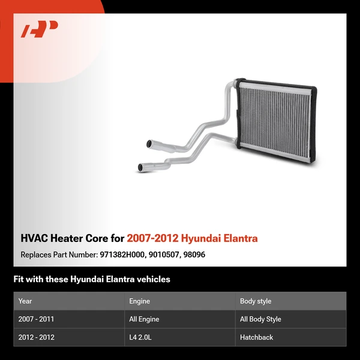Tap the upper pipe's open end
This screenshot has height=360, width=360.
pyautogui.click(x=150, y=143)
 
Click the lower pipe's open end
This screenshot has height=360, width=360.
pyautogui.click(x=141, y=167)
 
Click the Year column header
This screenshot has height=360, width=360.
pyautogui.click(x=25, y=301)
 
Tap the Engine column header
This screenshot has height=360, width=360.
pyautogui.click(x=140, y=301)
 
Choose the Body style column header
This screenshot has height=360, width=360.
pyautogui.click(x=256, y=301)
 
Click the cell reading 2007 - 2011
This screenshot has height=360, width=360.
pyautogui.click(x=36, y=319)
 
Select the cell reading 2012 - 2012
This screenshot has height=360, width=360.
pyautogui.click(x=36, y=337)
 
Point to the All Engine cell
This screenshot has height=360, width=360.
pyautogui.click(x=144, y=319)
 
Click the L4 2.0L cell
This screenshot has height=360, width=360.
pyautogui.click(x=141, y=337)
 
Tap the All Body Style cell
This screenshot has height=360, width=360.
pyautogui.click(x=260, y=319)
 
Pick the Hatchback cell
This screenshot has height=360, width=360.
pyautogui.click(x=256, y=337)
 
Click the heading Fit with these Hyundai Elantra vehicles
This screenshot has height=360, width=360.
pyautogui.click(x=92, y=279)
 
